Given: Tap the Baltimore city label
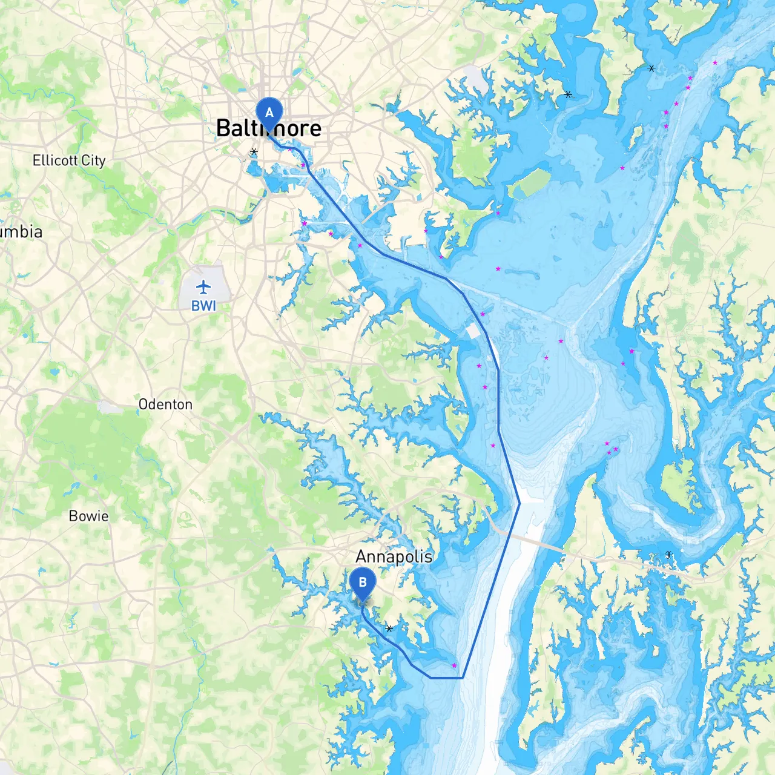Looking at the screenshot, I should tap(269, 128).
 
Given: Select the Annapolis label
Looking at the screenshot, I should tap(394, 556).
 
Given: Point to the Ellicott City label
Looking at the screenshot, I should tap(69, 160).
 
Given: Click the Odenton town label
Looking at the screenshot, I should tap(165, 404).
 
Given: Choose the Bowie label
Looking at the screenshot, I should tap(88, 516).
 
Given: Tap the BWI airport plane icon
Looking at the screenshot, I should tap(203, 286).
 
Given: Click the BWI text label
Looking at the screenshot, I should tap(203, 306).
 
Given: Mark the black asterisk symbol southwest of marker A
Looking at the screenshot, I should tap(254, 152).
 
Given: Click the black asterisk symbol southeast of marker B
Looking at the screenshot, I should tap(389, 628).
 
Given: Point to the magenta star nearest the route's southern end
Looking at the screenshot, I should tap(454, 665).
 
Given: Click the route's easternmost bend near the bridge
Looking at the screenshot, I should tap(519, 503).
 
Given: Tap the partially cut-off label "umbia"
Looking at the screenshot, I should tap(22, 232).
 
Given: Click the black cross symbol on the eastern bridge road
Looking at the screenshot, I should tap(668, 555).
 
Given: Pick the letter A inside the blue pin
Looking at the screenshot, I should tap(269, 113).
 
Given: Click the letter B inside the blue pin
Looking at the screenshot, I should tap(362, 582).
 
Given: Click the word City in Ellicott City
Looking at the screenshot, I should tap(93, 160).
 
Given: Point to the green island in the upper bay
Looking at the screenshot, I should tap(530, 183).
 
